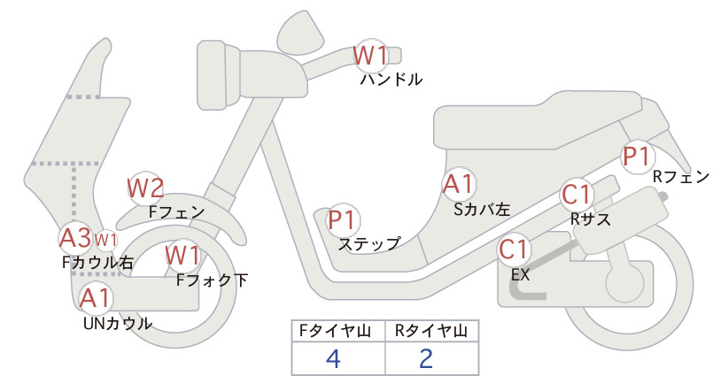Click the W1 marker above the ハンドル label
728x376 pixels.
pyautogui.click(x=370, y=56)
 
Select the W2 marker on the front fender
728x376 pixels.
pyautogui.click(x=146, y=188)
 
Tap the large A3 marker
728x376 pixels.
pyautogui.click(x=75, y=238)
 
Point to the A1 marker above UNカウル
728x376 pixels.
pyautogui.click(x=95, y=297)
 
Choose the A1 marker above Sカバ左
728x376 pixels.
pyautogui.click(x=459, y=184)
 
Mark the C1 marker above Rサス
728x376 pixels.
pyautogui.click(x=577, y=196)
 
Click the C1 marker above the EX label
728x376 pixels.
pyautogui.click(x=514, y=249)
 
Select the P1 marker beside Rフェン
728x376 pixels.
pyautogui.click(x=637, y=157)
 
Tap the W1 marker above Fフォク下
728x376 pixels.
pyautogui.click(x=183, y=256)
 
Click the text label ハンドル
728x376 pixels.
pyautogui.click(x=391, y=80)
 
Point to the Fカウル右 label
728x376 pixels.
pyautogui.click(x=98, y=263)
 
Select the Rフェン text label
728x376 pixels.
pyautogui.click(x=681, y=177)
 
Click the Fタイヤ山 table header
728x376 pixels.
pyautogui.click(x=335, y=331)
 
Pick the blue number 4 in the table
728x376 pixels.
pyautogui.click(x=334, y=358)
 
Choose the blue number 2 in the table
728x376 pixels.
pyautogui.click(x=426, y=358)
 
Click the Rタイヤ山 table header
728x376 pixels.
pyautogui.click(x=431, y=331)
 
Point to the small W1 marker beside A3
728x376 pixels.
pyautogui.click(x=106, y=241)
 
